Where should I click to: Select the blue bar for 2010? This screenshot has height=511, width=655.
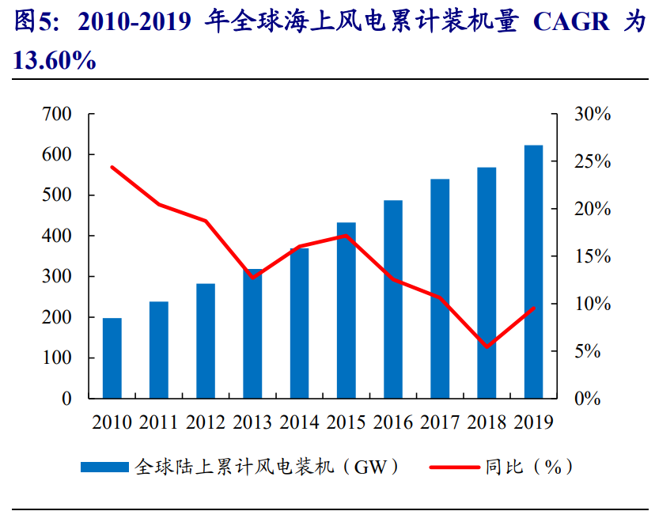click(112, 358)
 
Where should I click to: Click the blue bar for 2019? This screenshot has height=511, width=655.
click(533, 272)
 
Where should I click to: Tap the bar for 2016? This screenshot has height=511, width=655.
click(393, 299)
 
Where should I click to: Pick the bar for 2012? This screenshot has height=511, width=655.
click(206, 341)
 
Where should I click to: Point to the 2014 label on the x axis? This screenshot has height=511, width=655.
click(300, 422)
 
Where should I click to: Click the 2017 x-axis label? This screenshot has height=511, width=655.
click(440, 422)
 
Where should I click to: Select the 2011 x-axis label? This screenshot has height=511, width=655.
click(159, 422)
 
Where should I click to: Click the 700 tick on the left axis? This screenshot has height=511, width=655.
click(57, 115)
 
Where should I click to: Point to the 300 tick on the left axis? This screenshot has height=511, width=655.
click(57, 277)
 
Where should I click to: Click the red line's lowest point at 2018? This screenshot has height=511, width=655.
click(487, 346)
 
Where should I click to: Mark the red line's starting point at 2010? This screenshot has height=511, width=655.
click(112, 167)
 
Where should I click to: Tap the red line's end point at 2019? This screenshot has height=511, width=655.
click(534, 308)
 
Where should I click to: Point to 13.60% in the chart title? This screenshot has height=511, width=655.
click(55, 60)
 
